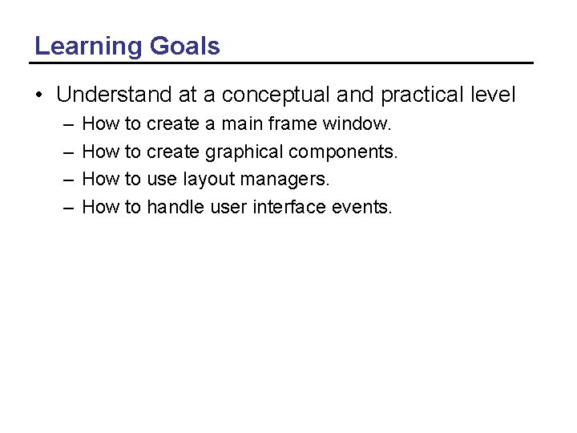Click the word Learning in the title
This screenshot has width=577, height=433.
pyautogui.click(x=89, y=47)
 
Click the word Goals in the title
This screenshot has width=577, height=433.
pyautogui.click(x=184, y=47)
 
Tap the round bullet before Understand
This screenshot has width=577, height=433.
pyautogui.click(x=39, y=95)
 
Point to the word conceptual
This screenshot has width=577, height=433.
pyautogui.click(x=275, y=95)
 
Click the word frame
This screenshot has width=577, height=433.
pyautogui.click(x=292, y=124)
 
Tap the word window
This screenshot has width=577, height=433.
pyautogui.click(x=357, y=124)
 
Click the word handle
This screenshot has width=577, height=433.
pyautogui.click(x=176, y=208)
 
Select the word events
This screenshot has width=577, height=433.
pyautogui.click(x=361, y=208)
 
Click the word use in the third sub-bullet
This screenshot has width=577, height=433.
pyautogui.click(x=163, y=180)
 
